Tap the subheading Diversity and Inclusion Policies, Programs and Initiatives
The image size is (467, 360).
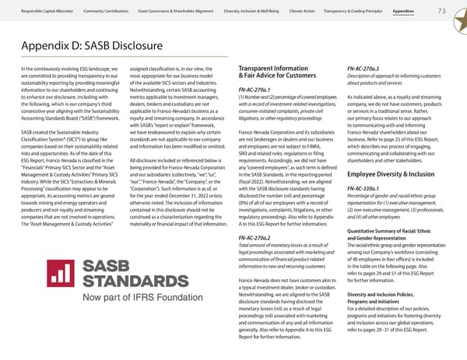tap(392, 320)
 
